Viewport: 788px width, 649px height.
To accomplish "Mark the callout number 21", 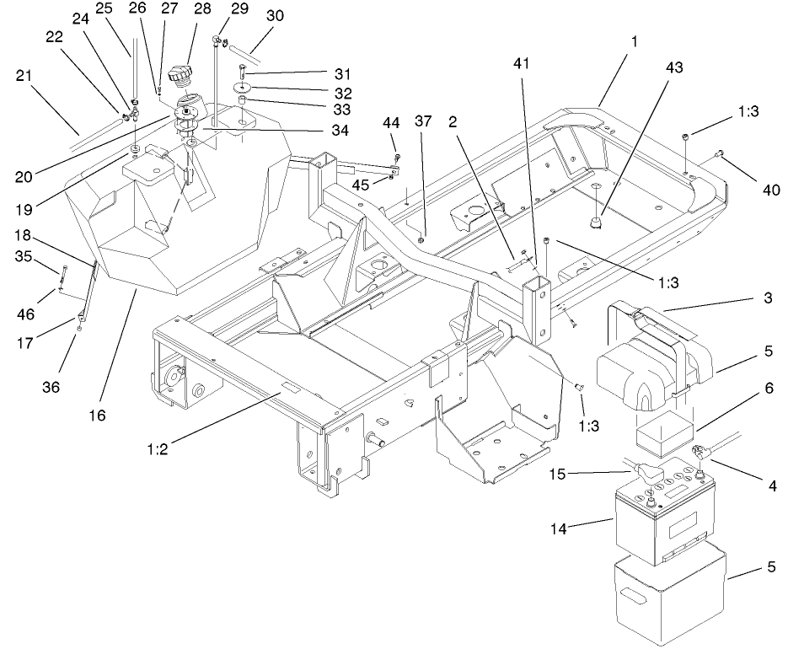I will click(x=25, y=76).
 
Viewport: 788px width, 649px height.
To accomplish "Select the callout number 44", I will click(x=391, y=123).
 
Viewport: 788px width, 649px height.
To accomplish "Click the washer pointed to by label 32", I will click(x=242, y=88).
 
